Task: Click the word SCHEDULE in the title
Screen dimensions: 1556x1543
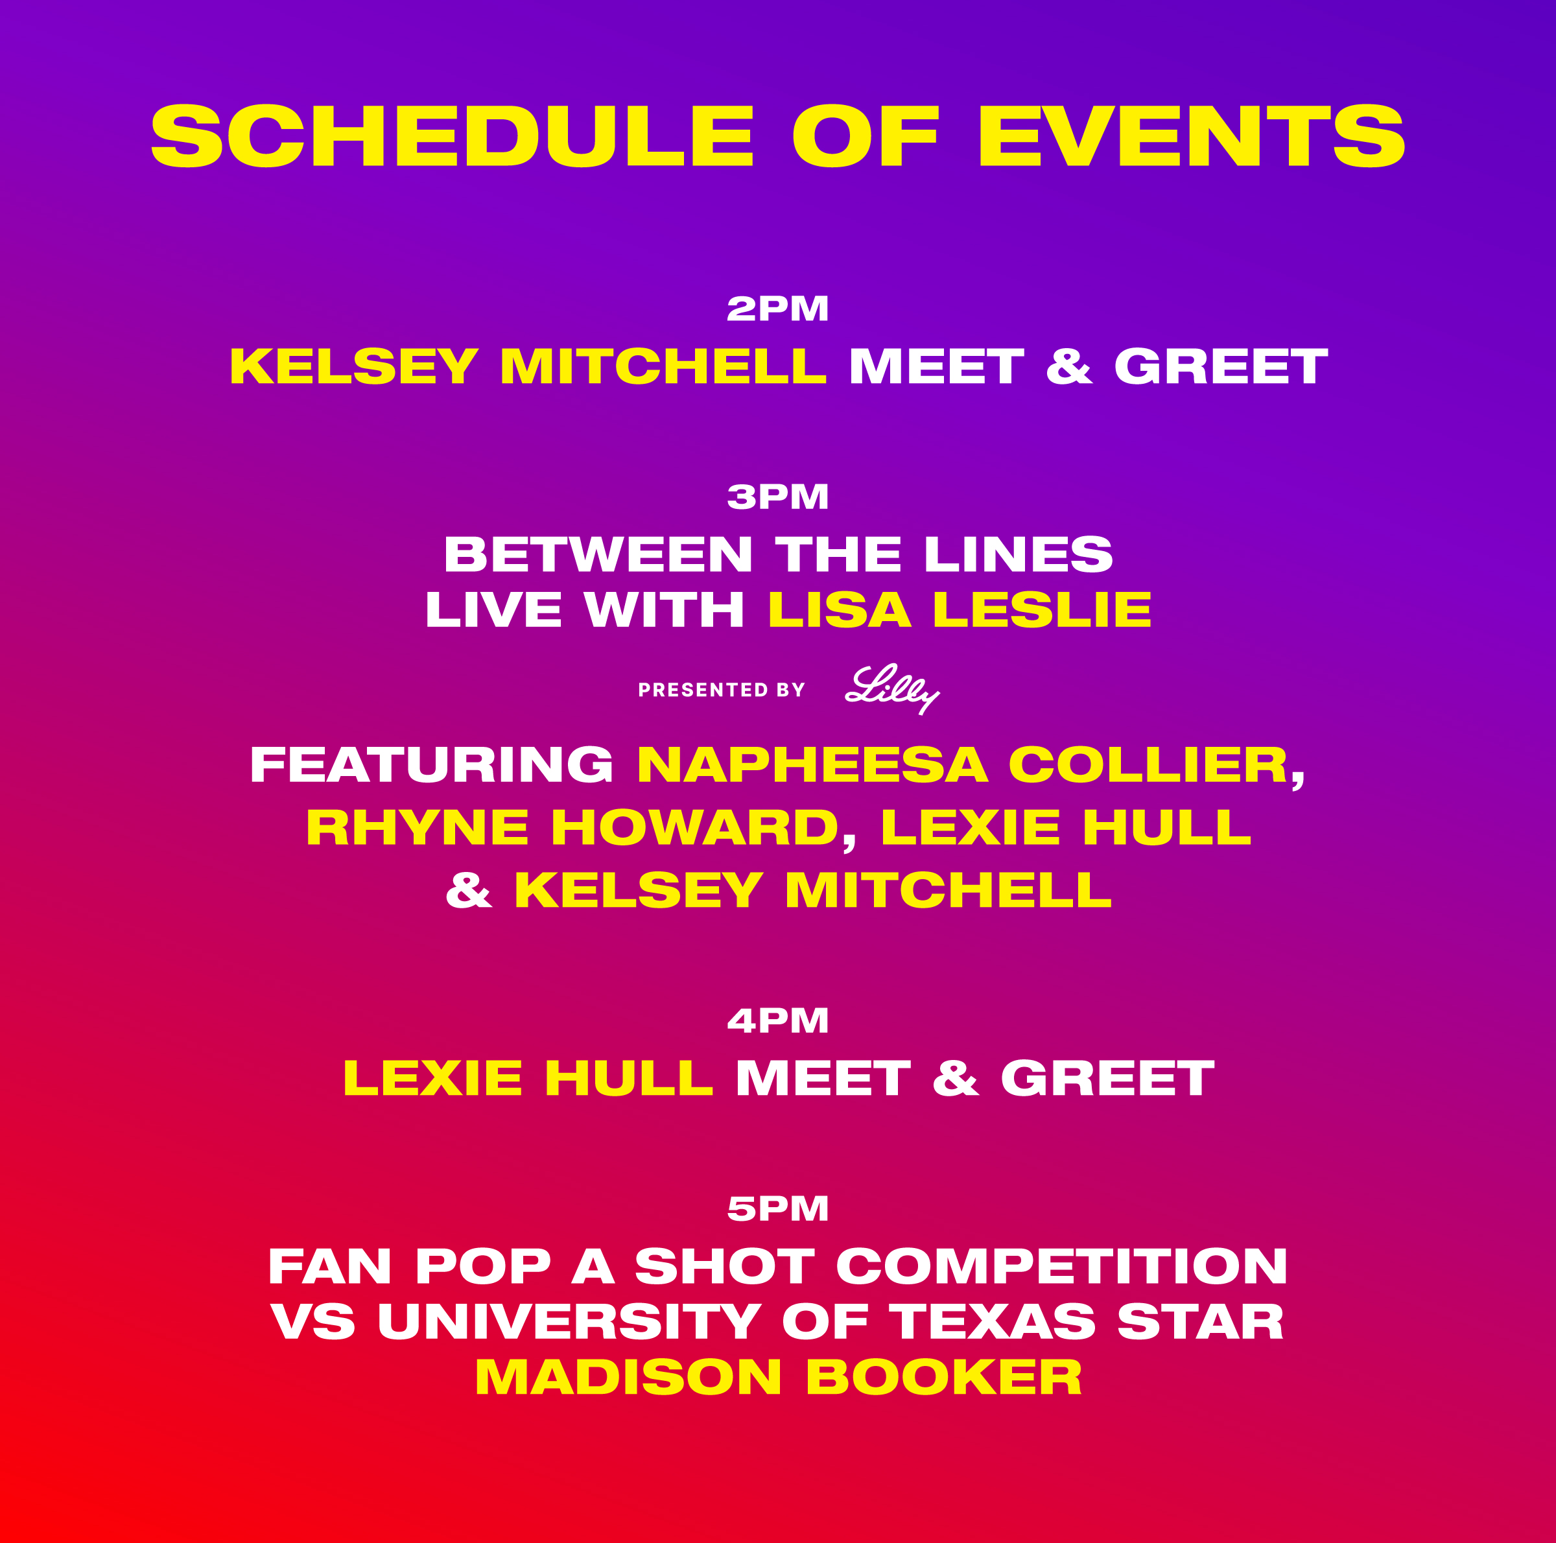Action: pos(453,136)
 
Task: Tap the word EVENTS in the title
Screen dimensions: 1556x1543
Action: pos(1192,136)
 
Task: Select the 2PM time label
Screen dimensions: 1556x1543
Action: pos(778,309)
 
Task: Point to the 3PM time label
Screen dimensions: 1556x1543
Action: pos(778,497)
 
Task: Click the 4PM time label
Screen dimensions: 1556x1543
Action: pos(778,1020)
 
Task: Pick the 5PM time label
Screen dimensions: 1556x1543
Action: pos(778,1208)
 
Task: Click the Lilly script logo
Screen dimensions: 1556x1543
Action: pos(892,689)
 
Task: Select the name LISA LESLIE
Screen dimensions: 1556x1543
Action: pos(960,609)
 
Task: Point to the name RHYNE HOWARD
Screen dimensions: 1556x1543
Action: pos(572,827)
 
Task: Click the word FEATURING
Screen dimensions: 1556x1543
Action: pos(432,764)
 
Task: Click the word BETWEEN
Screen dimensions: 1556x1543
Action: pos(598,555)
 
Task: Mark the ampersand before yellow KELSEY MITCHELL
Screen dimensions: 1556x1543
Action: pos(469,890)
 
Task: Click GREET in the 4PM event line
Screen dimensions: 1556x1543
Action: pos(1107,1078)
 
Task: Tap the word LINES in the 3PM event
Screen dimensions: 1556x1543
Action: pos(1019,555)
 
